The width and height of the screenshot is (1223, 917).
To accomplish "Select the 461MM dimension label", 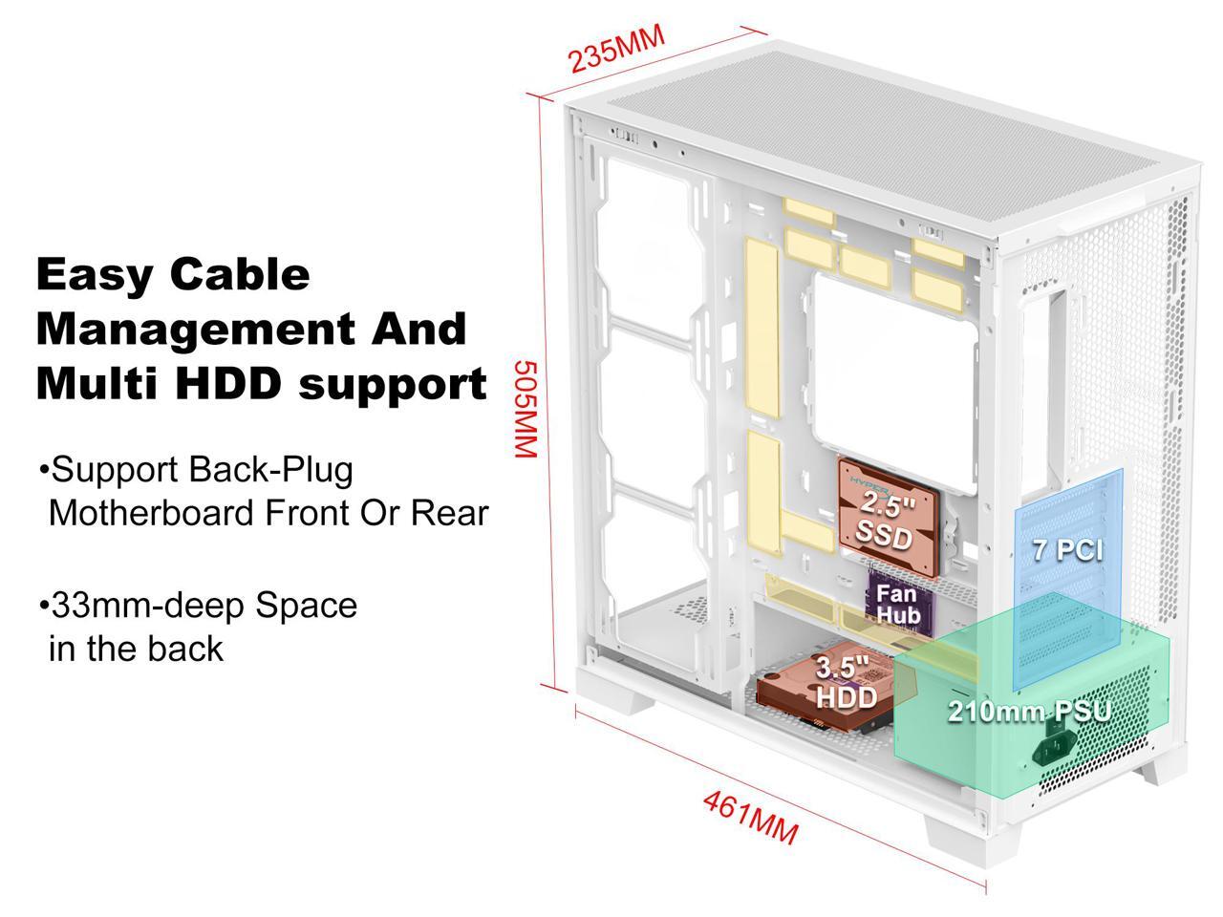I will pos(750,817).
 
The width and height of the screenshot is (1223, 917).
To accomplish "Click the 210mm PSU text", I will pos(1029,712).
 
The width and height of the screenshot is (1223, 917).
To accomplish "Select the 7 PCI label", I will pos(1067,550).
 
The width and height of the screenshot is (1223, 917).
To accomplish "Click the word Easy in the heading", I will pos(94,275).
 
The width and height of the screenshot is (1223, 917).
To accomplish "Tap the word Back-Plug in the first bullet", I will pos(270,470).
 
